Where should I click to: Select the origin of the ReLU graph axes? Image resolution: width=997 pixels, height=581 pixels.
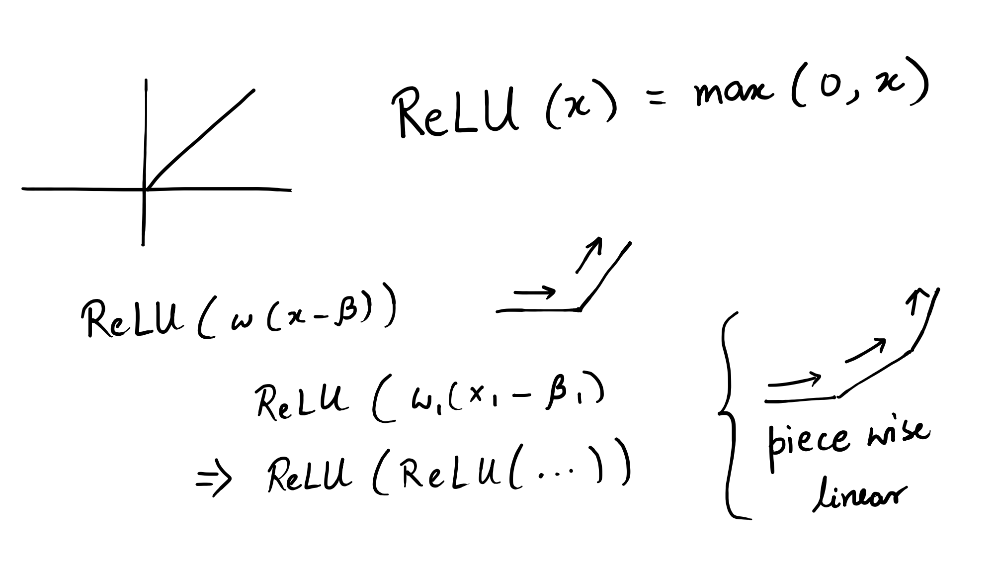click(x=145, y=189)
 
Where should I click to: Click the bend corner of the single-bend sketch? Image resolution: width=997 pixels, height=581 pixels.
click(x=580, y=310)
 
